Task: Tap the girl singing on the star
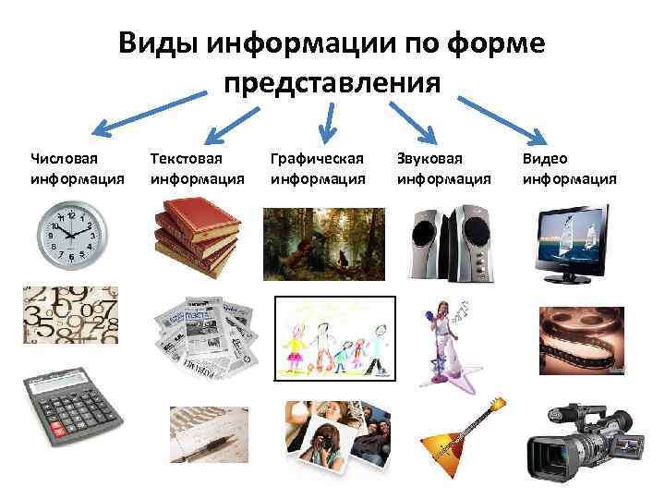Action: coord(444,341)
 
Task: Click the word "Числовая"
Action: coord(62,159)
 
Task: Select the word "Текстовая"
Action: coord(186,159)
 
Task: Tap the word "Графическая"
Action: coord(317,159)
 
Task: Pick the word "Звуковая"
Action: coord(429,159)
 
